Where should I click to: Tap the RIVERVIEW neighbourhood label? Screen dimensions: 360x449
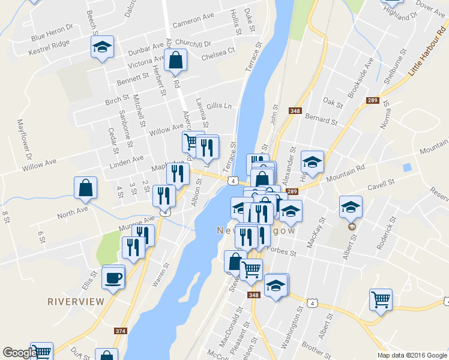76,301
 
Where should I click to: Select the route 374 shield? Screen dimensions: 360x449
121,331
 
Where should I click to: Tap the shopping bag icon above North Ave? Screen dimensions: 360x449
86,187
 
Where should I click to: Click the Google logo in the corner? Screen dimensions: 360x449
19,353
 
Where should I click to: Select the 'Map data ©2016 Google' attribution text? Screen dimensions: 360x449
412,355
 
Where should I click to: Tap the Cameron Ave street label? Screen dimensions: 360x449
193,21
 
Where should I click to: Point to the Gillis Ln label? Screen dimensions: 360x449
219,106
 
